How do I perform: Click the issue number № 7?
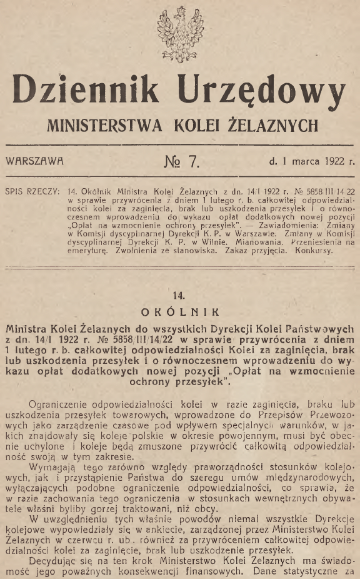click(x=181, y=161)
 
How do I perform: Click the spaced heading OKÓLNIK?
click(x=179, y=309)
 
